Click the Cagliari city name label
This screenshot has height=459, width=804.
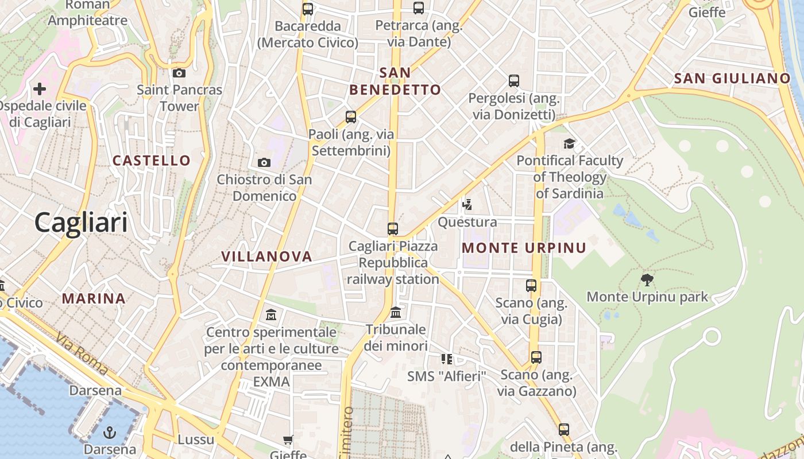(81, 222)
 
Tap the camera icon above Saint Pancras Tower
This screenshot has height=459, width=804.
(179, 73)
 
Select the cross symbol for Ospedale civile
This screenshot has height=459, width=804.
(40, 89)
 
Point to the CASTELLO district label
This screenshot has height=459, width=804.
(152, 161)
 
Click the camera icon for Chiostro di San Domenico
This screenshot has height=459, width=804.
(264, 162)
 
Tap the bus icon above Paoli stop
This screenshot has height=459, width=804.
(351, 117)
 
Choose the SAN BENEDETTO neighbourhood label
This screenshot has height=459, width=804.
(395, 81)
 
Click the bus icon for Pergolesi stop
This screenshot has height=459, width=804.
(514, 81)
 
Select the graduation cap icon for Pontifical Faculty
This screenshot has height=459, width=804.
(569, 143)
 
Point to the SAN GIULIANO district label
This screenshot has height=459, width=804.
(732, 79)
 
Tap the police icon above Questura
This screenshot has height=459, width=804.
(467, 204)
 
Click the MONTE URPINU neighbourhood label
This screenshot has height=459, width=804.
(524, 248)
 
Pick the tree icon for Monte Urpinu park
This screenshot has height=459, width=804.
(647, 280)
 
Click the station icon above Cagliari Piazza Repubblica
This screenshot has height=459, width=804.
(393, 228)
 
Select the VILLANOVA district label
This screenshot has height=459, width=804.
(266, 256)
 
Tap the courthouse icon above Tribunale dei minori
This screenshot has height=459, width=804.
(396, 313)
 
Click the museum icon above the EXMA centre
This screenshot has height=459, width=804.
(271, 315)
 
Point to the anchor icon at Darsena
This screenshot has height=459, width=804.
(110, 432)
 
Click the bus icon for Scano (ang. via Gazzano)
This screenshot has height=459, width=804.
(536, 357)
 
